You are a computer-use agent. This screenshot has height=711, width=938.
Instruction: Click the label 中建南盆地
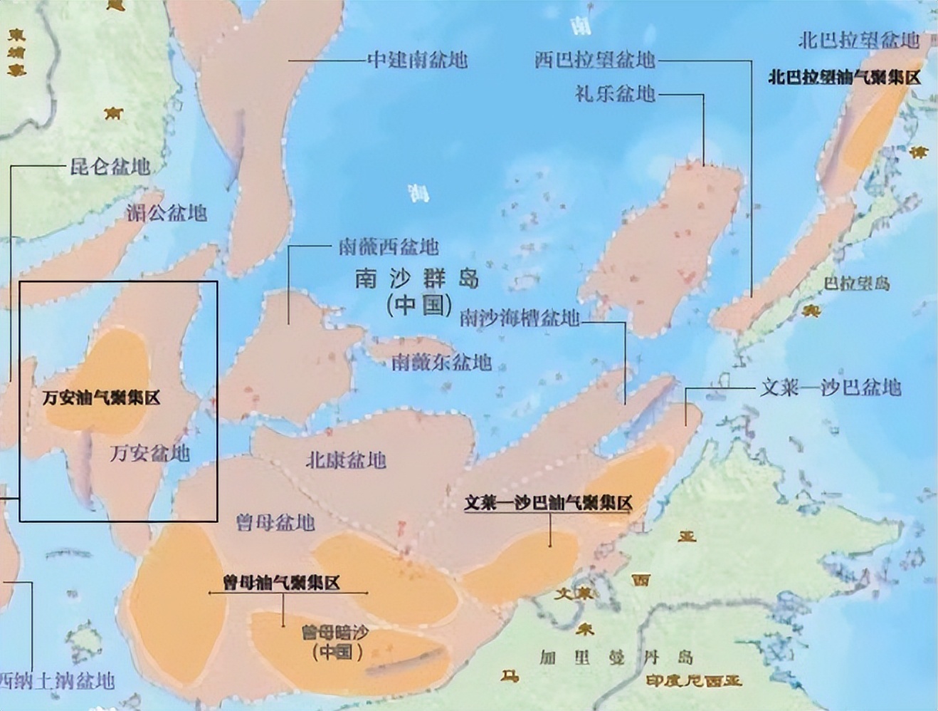tap(418, 59)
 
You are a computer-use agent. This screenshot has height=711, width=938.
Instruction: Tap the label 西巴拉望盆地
tap(594, 59)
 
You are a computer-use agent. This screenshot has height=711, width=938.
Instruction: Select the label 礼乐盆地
tap(615, 93)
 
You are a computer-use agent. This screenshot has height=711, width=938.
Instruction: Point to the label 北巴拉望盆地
tap(859, 40)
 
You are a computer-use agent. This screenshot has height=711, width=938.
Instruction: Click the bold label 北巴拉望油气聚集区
tap(844, 77)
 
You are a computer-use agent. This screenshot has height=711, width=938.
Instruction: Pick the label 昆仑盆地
tap(110, 166)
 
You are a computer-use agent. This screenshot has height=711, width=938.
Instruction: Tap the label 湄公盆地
tap(167, 212)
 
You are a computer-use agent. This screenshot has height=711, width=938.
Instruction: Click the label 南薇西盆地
tap(388, 247)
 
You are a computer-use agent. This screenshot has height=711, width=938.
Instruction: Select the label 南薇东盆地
tap(442, 362)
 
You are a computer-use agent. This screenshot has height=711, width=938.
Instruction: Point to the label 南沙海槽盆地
tap(520, 318)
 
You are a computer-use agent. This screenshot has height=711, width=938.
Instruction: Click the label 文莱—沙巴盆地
tap(831, 388)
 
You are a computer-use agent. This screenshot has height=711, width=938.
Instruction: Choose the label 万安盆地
tap(150, 452)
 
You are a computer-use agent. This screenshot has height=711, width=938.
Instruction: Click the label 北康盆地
tap(346, 460)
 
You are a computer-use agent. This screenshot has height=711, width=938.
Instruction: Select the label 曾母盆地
tap(275, 522)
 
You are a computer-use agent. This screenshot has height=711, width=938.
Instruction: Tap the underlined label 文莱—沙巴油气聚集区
tap(548, 503)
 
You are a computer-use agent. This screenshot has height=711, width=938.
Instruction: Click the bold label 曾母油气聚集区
tap(281, 583)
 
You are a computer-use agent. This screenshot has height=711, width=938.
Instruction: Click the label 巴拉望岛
tap(856, 283)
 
